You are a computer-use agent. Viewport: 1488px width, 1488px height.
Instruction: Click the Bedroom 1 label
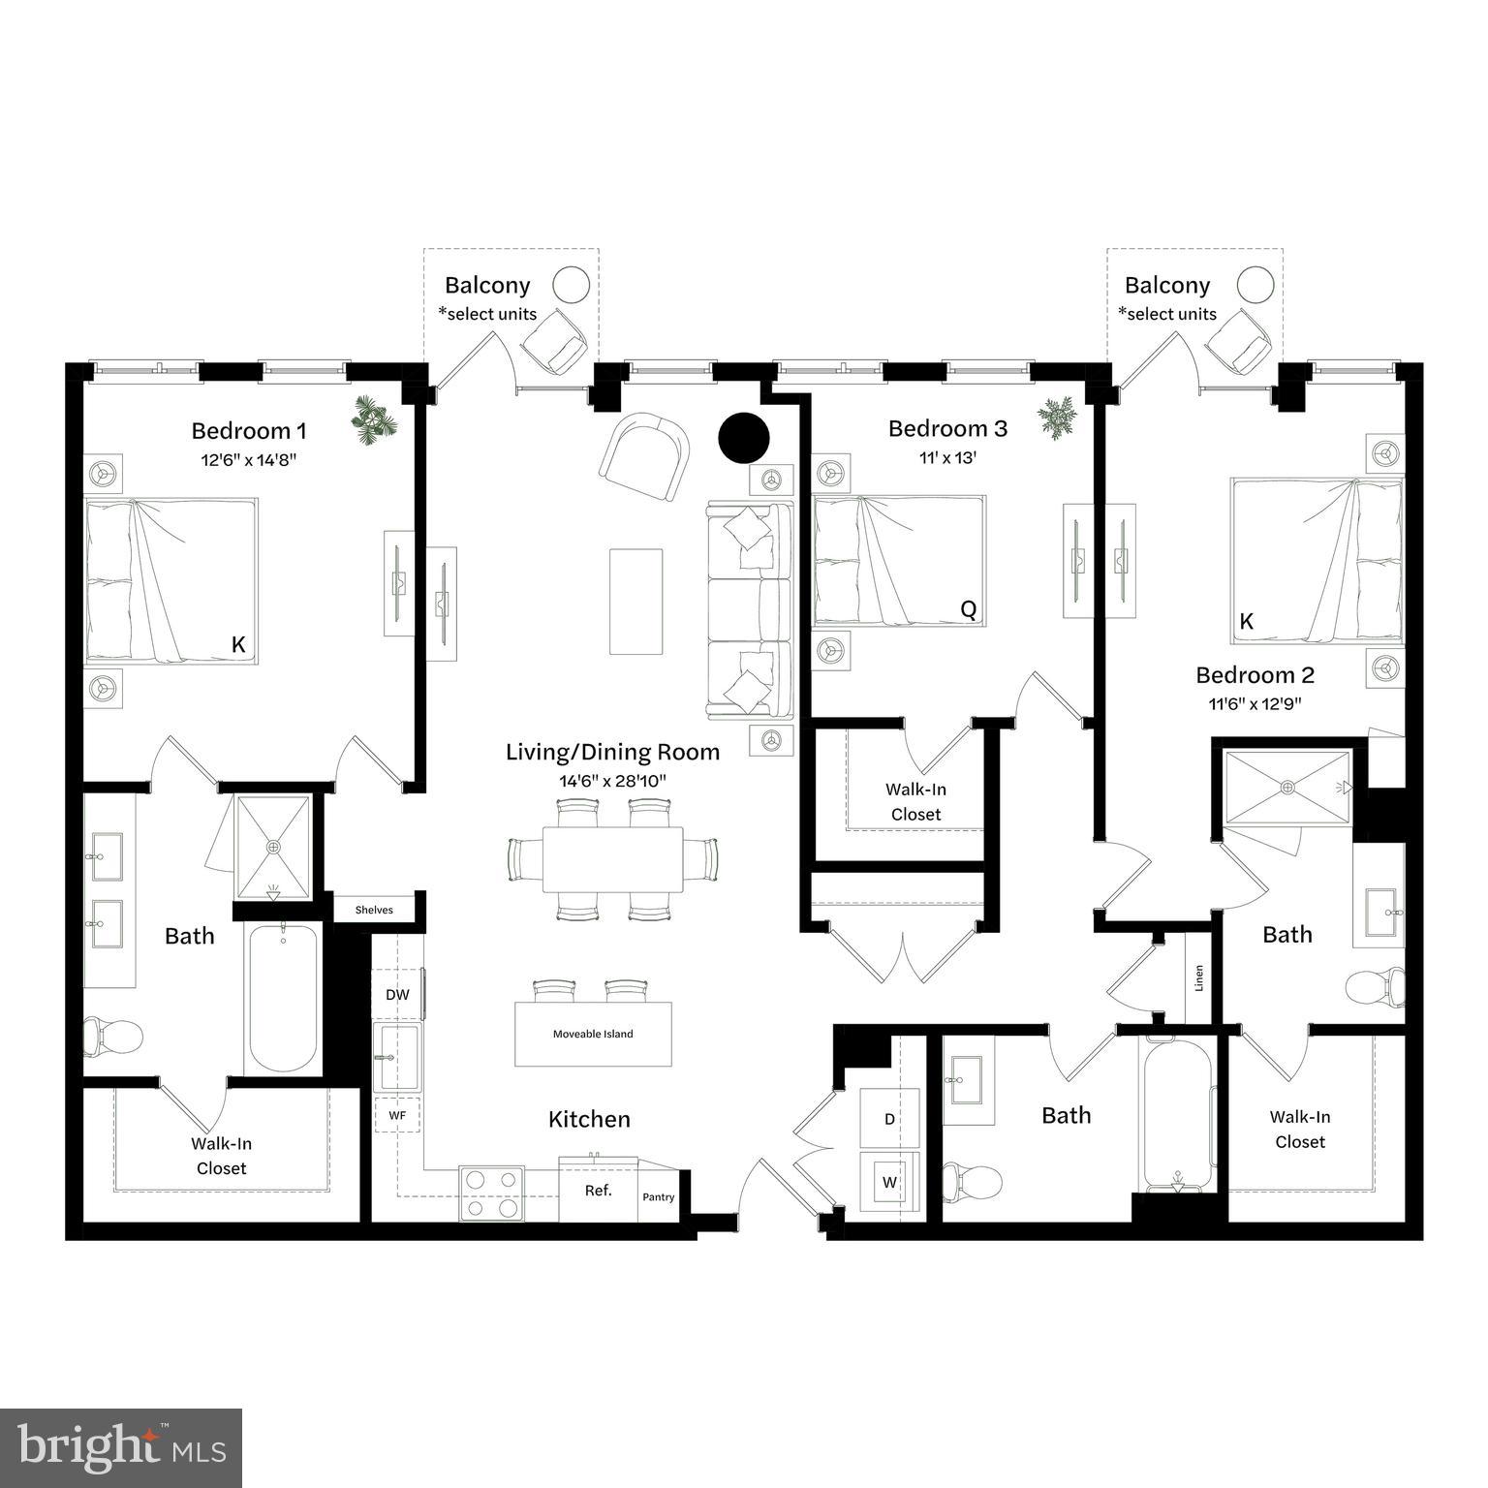point(248,430)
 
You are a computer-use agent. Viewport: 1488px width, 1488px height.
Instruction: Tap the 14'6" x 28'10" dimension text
point(612,780)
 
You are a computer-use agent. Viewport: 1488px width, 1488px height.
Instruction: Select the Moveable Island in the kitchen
point(593,1034)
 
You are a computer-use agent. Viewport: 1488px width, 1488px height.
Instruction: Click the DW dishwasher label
point(397,994)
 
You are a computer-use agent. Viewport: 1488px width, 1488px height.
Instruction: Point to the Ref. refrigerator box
point(598,1191)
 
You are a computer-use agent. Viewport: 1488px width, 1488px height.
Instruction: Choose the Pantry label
point(659,1197)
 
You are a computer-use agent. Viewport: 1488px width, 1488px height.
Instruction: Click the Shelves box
point(374,910)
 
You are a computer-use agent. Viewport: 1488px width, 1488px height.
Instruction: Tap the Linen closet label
point(1199,978)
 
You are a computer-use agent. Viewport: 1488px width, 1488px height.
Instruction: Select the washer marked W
point(889,1182)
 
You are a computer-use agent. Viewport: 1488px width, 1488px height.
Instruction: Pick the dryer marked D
point(889,1119)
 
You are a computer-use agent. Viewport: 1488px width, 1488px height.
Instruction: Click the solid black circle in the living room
point(744,438)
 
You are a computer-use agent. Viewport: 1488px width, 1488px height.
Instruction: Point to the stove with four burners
point(491,1193)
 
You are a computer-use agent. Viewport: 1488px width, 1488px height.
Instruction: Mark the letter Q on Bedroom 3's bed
point(968,608)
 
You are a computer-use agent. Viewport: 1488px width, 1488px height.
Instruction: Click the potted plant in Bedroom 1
point(374,419)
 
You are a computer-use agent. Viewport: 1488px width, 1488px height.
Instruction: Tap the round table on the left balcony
point(571,285)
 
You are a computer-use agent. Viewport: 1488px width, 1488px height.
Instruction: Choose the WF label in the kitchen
point(397,1115)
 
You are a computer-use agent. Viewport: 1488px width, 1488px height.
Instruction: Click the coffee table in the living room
point(636,602)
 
